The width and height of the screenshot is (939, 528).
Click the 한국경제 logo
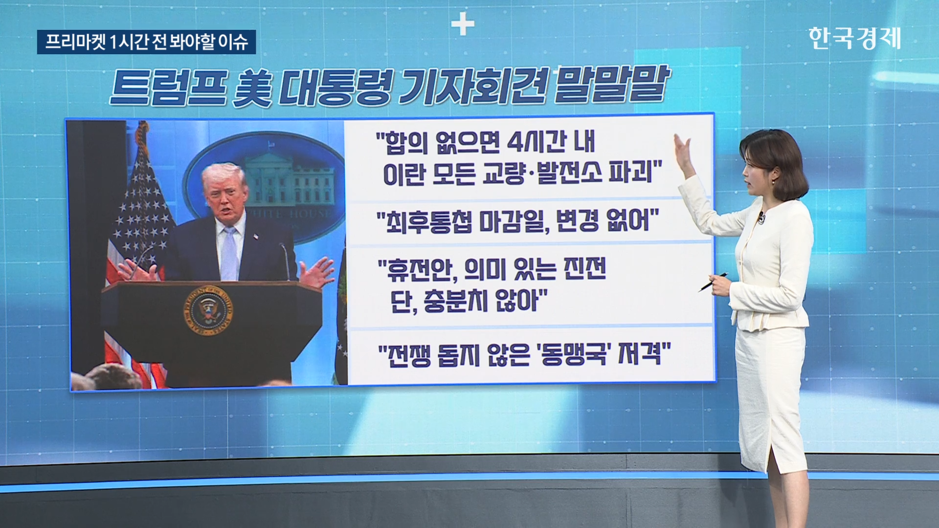[x=854, y=38]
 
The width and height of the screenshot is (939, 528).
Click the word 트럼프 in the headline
[x=168, y=88]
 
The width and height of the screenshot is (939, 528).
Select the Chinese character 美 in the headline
[x=252, y=88]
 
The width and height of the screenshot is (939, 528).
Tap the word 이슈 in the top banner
[x=233, y=42]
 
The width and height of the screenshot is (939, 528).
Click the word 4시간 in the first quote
[x=537, y=142]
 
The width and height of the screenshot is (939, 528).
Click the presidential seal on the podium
[x=208, y=310]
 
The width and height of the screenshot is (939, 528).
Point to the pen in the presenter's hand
[x=713, y=282]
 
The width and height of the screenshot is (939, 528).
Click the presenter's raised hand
[x=684, y=154]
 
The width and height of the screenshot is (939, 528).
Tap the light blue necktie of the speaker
[x=229, y=254]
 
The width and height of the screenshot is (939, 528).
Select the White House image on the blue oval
[x=289, y=178]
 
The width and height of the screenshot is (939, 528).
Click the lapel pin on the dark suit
[x=255, y=237]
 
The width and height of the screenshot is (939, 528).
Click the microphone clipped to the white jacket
[x=761, y=218]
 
